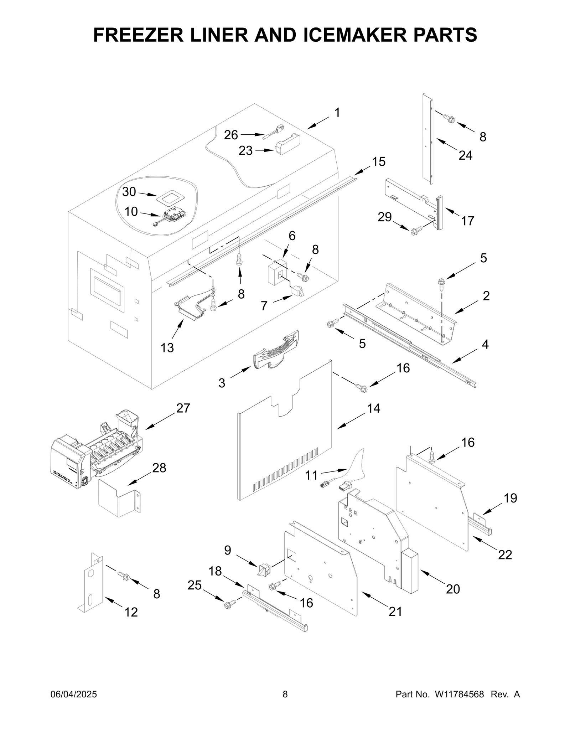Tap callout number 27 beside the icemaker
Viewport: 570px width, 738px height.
click(183, 408)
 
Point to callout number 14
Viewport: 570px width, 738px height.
click(374, 408)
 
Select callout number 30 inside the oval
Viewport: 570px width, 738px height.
click(129, 192)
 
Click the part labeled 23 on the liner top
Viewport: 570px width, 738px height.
click(287, 145)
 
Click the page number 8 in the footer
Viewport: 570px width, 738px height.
click(285, 704)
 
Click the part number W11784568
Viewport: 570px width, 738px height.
click(459, 704)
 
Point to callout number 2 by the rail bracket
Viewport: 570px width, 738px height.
click(486, 295)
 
